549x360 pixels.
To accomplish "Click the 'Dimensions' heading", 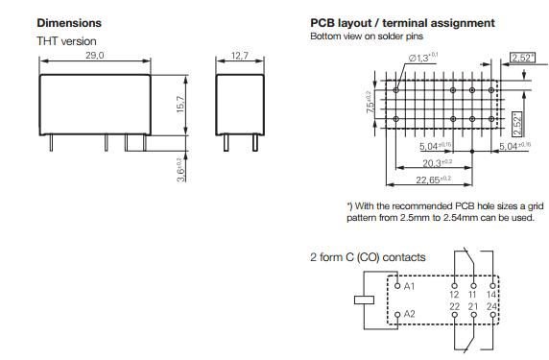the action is [x=69, y=22].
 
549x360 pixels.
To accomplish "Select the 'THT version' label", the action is [x=66, y=40].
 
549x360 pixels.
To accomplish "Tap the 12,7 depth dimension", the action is [x=240, y=58].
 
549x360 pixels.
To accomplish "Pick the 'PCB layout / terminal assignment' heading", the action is [x=402, y=22].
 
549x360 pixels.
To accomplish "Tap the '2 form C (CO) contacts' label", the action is [x=368, y=257].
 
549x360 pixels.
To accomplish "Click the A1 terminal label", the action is [x=408, y=286].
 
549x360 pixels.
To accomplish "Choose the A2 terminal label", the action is [x=408, y=314].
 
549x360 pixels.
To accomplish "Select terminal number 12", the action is [x=455, y=295].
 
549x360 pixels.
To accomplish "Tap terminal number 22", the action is [x=455, y=306].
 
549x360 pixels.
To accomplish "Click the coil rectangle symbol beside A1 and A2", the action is [x=363, y=299].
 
